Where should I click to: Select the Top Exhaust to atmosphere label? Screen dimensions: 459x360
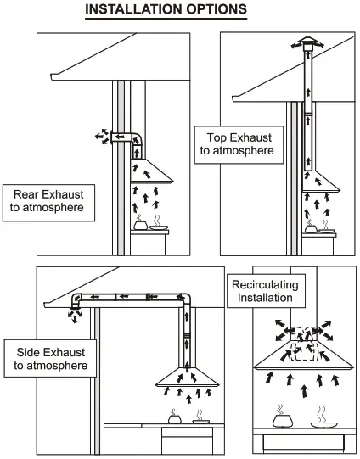coord(237,143)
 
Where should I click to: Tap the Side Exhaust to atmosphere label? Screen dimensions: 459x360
coord(52,359)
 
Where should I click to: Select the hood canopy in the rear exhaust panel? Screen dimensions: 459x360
coord(149,175)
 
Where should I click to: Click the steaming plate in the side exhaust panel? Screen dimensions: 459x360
coord(201,421)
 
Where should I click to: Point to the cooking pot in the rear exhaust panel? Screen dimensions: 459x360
coord(140,226)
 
